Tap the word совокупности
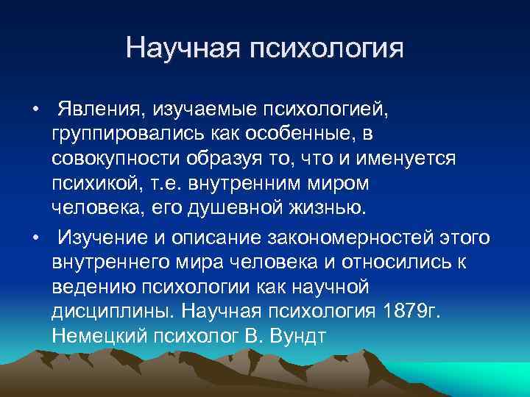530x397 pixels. pos(122,159)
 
